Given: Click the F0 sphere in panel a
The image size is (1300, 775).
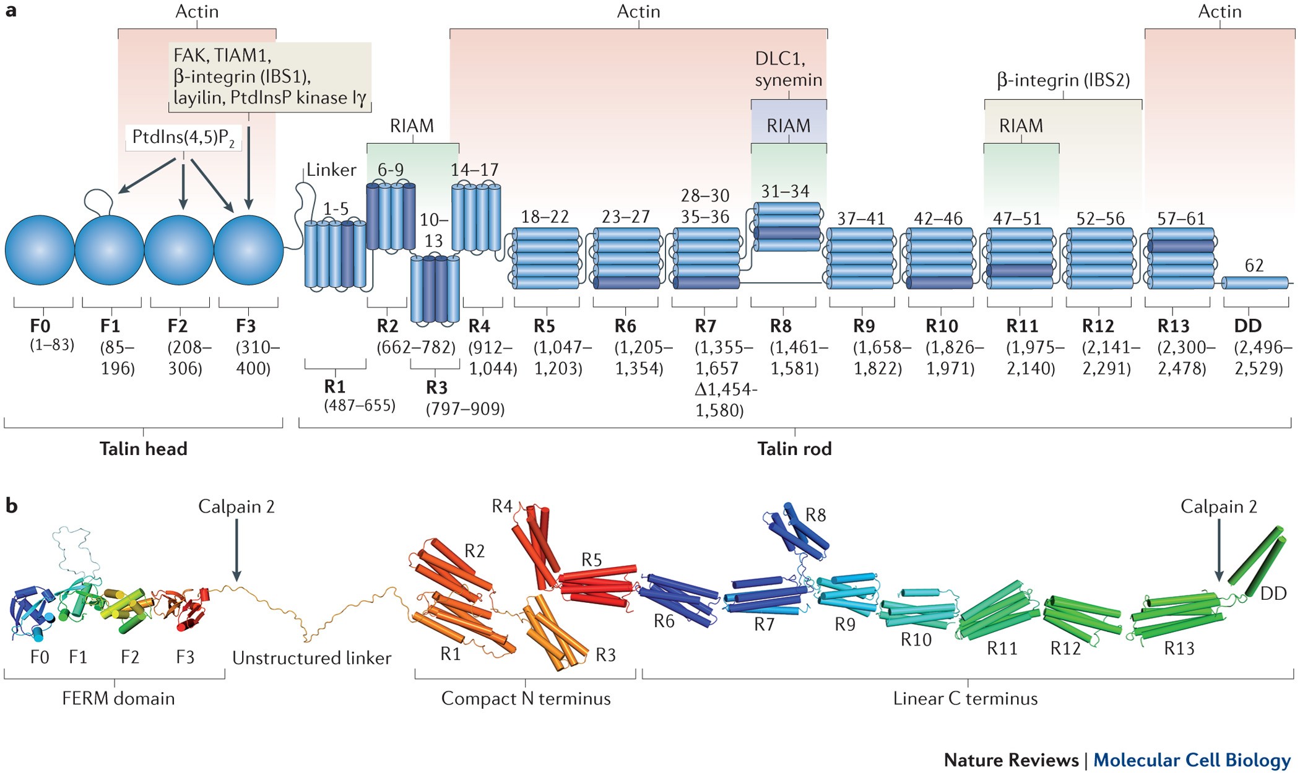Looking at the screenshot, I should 40,250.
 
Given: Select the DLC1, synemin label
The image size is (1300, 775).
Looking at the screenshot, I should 788,69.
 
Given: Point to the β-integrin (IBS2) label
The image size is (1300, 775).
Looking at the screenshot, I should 1063,80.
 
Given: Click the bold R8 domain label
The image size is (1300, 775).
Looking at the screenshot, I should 781,326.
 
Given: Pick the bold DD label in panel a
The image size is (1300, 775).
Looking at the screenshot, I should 1247,326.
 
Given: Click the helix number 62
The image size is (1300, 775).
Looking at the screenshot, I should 1254,266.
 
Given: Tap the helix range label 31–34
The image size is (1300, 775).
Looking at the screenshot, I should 785,191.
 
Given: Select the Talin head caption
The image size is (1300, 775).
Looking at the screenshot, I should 143,449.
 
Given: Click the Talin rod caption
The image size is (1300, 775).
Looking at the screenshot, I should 794,449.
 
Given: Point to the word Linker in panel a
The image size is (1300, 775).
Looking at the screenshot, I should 331,170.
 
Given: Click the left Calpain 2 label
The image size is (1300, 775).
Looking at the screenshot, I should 236,506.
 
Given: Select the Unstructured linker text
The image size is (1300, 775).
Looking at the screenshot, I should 311,657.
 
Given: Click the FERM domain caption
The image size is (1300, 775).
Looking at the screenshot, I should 118,698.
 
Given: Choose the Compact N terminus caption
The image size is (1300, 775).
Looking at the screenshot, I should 526,698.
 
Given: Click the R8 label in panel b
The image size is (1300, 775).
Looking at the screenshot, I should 815,515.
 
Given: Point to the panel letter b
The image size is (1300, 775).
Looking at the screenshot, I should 11,506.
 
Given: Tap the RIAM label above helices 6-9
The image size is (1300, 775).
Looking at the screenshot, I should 412,126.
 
